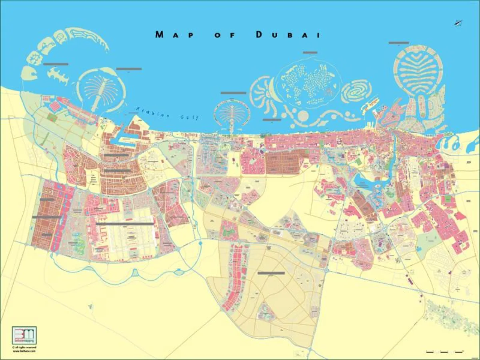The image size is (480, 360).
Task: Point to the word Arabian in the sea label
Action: coord(150,111)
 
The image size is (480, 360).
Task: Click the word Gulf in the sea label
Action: coord(189,117)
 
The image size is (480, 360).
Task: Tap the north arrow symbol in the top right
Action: coord(458,23)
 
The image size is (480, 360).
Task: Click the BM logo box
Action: coord(24,335)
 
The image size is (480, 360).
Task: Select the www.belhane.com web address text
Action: coord(24,351)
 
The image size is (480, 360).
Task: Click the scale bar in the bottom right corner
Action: coord(444,352)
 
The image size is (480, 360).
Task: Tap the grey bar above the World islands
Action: coord(310,52)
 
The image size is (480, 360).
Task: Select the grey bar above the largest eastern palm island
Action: coord(398,43)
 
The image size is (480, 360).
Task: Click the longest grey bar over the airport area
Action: coord(125,224)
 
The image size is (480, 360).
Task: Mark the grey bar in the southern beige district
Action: coord(271,273)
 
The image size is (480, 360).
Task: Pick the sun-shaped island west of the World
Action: coord(262,94)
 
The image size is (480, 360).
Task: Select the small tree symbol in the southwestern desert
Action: coord(89,307)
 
